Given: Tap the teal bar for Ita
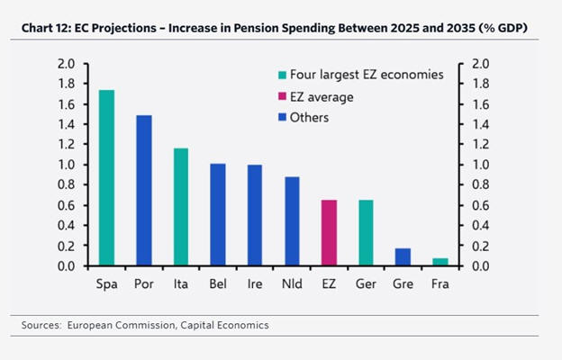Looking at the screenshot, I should tap(180, 207).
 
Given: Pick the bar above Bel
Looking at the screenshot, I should tap(217, 215).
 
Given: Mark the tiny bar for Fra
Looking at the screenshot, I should tap(440, 262).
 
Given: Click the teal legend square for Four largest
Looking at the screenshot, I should tap(283, 75).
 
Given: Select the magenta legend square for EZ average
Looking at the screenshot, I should tap(283, 96).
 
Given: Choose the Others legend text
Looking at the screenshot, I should tap(310, 118).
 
